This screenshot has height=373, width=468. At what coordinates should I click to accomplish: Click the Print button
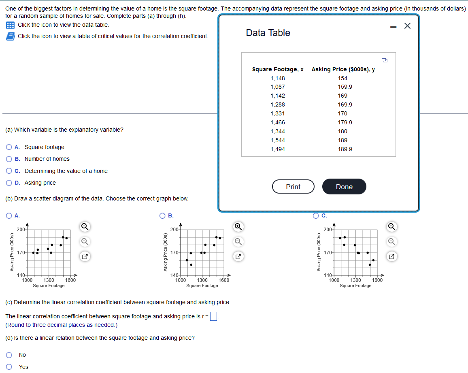tap(293, 187)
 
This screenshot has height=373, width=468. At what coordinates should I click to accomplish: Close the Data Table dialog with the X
tap(407, 26)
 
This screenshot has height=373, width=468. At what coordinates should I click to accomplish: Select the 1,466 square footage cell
tap(278, 122)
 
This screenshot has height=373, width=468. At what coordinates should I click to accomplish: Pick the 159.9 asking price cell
tap(345, 87)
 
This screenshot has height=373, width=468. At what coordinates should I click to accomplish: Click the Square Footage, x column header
tap(278, 69)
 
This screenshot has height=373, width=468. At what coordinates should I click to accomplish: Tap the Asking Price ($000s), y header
tap(343, 69)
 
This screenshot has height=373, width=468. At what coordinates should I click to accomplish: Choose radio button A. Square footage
tap(9, 147)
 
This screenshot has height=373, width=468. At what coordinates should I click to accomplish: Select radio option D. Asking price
tap(9, 183)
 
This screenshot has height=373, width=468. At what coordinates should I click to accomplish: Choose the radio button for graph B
tap(162, 216)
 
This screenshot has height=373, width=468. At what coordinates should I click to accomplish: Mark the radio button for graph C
tap(316, 216)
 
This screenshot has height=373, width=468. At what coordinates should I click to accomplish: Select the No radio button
tap(9, 355)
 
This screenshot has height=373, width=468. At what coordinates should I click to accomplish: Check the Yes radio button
tap(9, 367)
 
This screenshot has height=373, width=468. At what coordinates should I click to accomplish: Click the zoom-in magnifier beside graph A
tap(85, 226)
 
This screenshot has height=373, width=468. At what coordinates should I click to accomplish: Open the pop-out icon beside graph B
tap(238, 256)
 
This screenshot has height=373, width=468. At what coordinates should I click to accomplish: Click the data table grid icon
tap(10, 25)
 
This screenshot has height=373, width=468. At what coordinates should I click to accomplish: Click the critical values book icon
tap(10, 36)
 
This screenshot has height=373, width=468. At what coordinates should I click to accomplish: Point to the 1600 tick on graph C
tap(377, 280)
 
